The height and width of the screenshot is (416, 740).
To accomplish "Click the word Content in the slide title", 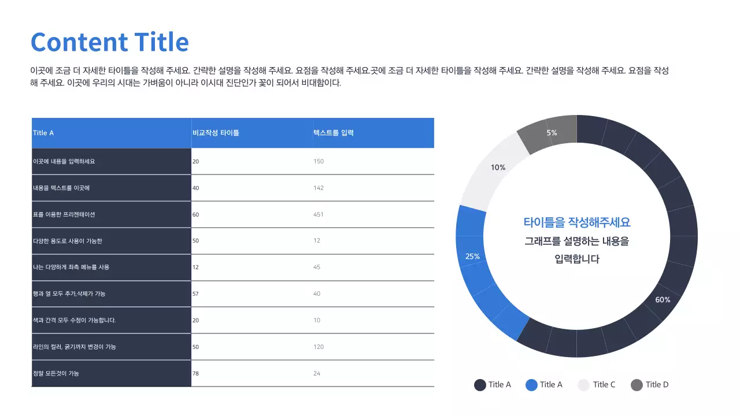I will tap(79, 42).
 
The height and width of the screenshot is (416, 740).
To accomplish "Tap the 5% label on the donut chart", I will tap(552, 133).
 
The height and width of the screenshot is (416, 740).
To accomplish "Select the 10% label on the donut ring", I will tap(498, 168).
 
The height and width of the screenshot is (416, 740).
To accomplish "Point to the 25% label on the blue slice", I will tap(472, 257).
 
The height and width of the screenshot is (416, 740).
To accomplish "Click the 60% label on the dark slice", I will tap(663, 300).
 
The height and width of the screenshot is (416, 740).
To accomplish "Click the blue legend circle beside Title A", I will tap(532, 385).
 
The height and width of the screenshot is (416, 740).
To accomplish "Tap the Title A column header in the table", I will tap(43, 133).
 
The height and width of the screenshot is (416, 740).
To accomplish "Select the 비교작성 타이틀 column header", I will tap(216, 133).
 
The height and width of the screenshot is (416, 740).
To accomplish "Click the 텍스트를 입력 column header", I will tap(334, 133).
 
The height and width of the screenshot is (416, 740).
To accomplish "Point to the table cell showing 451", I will tap(319, 214).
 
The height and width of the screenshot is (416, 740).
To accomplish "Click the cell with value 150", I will tap(319, 161).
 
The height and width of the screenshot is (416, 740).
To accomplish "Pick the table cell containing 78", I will tap(195, 373).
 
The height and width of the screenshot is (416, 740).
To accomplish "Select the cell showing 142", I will tap(319, 188).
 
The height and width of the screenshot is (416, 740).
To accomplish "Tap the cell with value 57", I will tap(195, 294).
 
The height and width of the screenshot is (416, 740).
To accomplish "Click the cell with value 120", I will tap(319, 347).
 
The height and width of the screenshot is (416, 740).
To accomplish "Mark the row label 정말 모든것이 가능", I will tap(56, 373).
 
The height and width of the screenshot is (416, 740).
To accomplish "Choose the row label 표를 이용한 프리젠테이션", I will tap(64, 214).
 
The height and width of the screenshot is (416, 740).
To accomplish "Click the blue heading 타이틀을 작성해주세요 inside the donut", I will tap(576, 222).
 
